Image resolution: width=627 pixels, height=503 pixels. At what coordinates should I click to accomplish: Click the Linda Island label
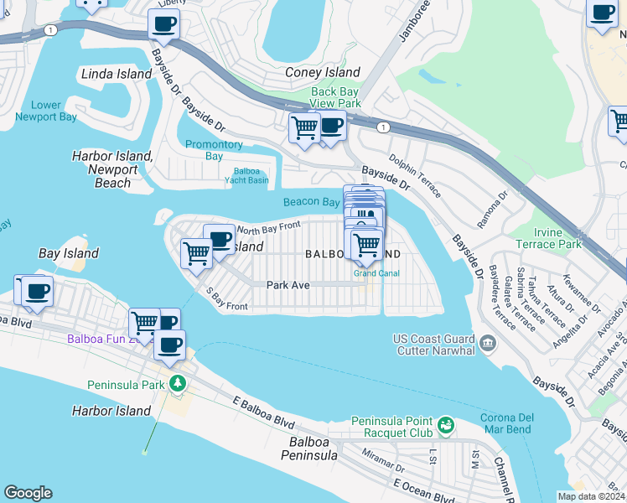(x=117, y=74)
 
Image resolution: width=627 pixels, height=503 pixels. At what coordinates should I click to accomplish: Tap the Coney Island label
(x=323, y=73)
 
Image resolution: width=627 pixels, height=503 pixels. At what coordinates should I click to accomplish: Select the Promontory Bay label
(x=214, y=150)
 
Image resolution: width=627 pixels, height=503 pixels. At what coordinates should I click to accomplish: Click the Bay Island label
(x=69, y=253)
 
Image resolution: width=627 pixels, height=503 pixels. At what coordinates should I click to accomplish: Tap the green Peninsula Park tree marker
(x=177, y=384)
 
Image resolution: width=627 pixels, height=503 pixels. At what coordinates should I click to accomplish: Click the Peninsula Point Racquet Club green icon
(x=447, y=427)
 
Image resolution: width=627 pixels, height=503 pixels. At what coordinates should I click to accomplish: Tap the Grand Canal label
(x=376, y=273)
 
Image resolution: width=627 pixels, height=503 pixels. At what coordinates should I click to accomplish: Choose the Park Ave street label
(x=288, y=285)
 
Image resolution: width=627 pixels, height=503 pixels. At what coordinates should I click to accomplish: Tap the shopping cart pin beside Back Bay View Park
(x=304, y=128)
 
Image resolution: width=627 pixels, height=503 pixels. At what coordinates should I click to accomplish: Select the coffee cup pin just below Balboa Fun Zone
(x=169, y=345)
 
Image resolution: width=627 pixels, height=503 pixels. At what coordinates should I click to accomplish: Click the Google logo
(x=28, y=493)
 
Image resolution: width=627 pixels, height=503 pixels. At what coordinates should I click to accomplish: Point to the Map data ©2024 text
(x=591, y=496)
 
